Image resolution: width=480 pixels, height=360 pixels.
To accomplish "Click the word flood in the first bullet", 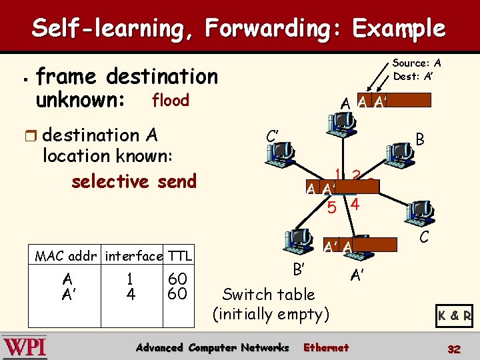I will (x=171, y=101).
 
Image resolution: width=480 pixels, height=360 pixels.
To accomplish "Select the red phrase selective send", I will (x=133, y=181).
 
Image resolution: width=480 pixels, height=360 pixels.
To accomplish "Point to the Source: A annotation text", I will (x=417, y=63).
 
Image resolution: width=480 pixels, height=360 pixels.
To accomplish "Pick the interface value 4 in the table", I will (x=131, y=293).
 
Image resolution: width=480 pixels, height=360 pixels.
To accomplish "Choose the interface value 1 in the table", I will (x=131, y=278).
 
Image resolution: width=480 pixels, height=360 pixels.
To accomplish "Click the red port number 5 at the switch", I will (x=332, y=208).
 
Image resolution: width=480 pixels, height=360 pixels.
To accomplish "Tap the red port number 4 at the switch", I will (x=355, y=205).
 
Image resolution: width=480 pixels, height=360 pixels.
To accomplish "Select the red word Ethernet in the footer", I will (x=325, y=347).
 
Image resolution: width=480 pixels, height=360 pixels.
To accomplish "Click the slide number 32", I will (x=454, y=348).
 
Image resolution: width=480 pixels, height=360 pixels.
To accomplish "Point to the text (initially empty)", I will (x=271, y=313).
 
